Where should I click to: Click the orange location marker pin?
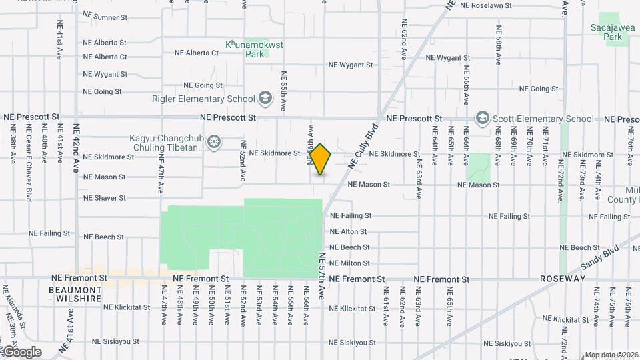pyautogui.click(x=321, y=159)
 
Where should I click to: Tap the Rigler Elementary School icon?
pyautogui.click(x=266, y=99)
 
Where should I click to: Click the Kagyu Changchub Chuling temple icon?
pyautogui.click(x=214, y=142)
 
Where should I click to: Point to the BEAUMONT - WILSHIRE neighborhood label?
pyautogui.click(x=75, y=295)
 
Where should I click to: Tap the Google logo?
pyautogui.click(x=21, y=351)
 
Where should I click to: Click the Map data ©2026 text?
pyautogui.click(x=611, y=355)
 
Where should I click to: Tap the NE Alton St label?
pyautogui.click(x=348, y=232)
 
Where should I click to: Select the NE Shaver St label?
pyautogui.click(x=104, y=198)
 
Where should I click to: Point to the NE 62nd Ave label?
pyautogui.click(x=404, y=41)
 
